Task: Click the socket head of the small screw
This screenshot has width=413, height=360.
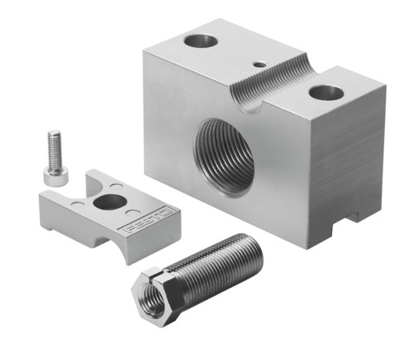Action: tap(53, 182)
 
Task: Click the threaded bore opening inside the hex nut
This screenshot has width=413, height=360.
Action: tap(149, 294)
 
